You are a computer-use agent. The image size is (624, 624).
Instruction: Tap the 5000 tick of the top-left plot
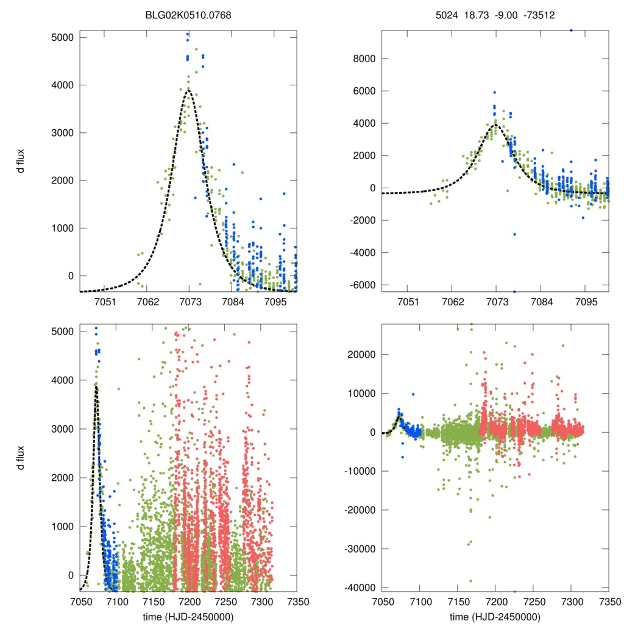(63, 37)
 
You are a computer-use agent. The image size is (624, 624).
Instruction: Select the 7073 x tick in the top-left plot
(190, 302)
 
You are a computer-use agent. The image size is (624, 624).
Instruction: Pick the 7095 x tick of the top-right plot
(586, 302)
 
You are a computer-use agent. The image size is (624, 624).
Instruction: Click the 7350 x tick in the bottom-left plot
(297, 602)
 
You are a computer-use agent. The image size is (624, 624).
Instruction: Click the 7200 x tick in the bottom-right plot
(495, 602)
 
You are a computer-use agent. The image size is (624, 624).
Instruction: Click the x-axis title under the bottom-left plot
(189, 616)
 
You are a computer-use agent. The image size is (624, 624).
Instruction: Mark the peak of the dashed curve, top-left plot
(189, 90)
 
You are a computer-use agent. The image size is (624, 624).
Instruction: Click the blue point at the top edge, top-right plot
(571, 30)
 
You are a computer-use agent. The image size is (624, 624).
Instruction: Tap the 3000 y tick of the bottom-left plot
(63, 429)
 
